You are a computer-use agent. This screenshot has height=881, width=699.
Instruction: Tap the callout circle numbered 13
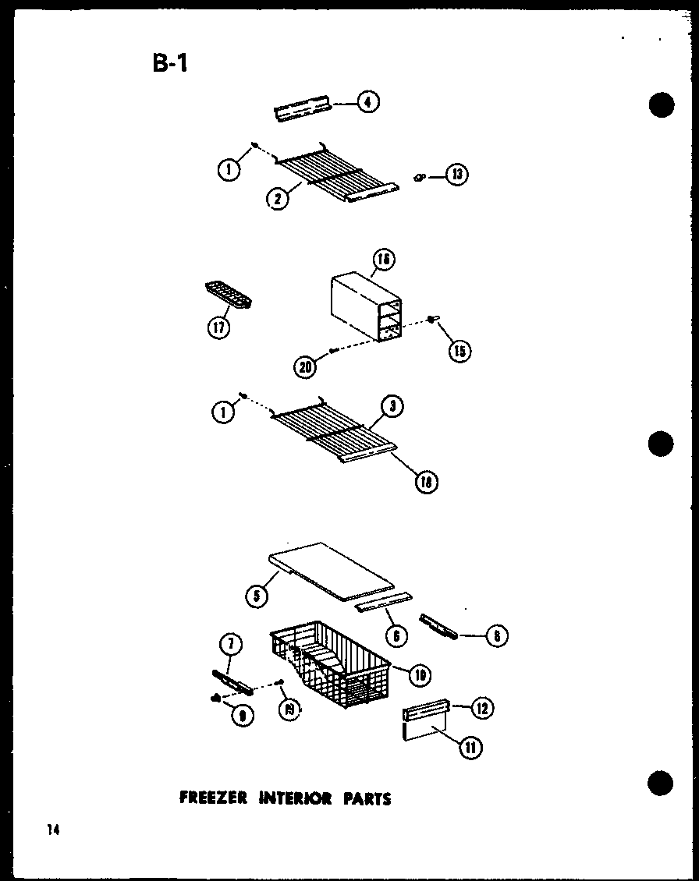[456, 175]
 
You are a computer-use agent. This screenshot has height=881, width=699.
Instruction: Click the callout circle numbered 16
[384, 259]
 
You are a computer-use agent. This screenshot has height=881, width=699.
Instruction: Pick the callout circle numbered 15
[459, 351]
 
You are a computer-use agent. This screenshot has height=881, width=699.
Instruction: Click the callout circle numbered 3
[392, 405]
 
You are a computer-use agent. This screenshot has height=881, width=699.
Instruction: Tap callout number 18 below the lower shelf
[427, 483]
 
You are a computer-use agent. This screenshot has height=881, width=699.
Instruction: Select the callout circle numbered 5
[254, 596]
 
